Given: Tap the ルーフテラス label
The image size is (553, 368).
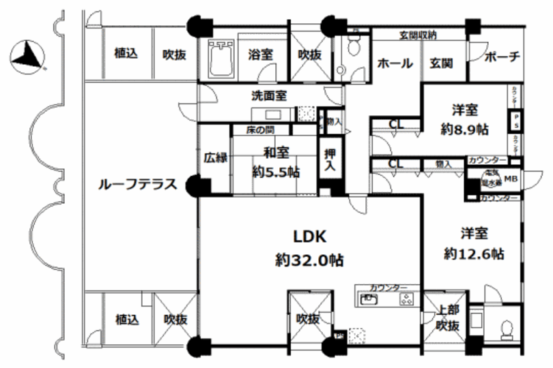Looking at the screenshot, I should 138,183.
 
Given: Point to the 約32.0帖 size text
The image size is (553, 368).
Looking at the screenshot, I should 309,260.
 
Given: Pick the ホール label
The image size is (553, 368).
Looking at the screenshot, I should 395,64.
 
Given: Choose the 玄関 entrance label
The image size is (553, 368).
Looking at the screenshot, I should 441,64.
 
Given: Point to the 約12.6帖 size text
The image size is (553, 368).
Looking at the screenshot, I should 473,254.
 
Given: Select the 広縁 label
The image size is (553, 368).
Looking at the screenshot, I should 214,157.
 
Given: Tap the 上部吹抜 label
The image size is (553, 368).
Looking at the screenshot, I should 448,318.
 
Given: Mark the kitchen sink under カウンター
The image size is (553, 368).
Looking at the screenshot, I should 368,298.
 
